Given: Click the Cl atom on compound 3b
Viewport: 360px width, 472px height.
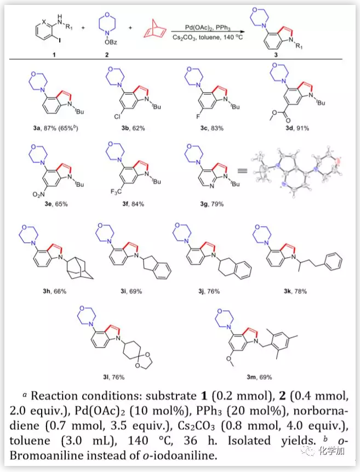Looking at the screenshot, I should pyautogui.click(x=107, y=118).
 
